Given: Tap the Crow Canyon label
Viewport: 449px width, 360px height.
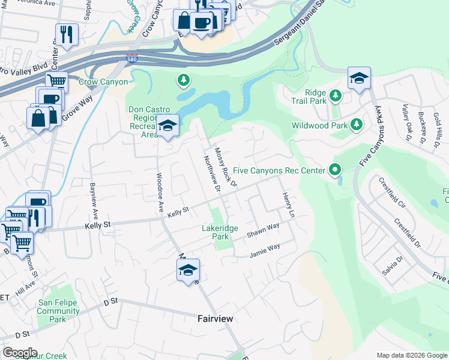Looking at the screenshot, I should click(103, 82).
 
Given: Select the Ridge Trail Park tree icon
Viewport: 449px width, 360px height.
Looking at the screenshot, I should click(336, 94).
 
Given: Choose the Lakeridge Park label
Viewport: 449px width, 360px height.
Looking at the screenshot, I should click(220, 232).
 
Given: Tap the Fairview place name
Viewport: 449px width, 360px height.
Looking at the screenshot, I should click(215, 319).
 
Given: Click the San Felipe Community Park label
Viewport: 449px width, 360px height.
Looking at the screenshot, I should click(58, 311).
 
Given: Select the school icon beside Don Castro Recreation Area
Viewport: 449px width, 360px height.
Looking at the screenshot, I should click(167, 125).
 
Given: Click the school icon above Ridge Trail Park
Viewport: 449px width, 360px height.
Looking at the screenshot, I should click(359, 78).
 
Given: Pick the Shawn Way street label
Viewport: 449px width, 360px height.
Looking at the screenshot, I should click(264, 230).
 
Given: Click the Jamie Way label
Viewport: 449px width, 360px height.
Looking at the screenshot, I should click(265, 250).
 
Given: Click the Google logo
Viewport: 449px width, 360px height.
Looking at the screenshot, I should click(20, 352).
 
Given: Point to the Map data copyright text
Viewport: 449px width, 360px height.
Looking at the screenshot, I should click(411, 355).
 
